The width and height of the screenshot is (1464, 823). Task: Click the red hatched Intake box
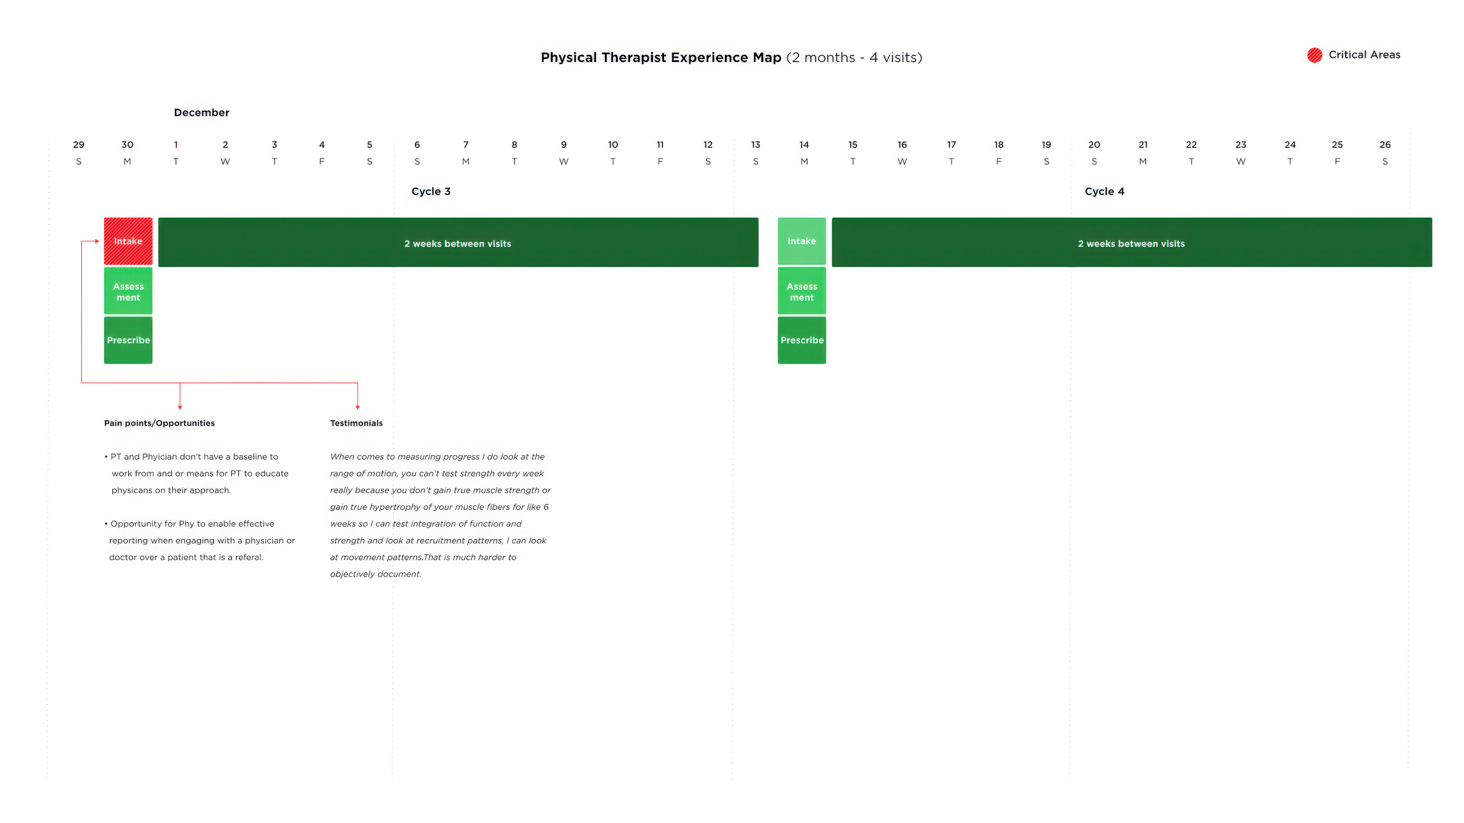coord(128,241)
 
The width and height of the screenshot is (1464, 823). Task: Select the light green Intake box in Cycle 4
coord(802,241)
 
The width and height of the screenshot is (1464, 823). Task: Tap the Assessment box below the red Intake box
coord(128,291)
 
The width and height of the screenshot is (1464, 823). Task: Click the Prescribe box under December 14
coord(802,340)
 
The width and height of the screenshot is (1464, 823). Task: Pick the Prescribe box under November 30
coord(128,340)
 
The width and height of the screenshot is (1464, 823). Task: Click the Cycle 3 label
coord(431,191)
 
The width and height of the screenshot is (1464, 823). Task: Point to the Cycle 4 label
coord(1104,191)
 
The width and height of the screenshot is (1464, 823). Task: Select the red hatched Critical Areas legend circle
coord(1315,55)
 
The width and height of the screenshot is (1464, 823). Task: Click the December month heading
coord(201,112)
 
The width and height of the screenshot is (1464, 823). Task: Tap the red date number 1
coord(176,145)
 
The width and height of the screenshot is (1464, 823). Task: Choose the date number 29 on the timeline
coord(78,145)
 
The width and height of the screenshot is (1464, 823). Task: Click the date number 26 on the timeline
coord(1385,145)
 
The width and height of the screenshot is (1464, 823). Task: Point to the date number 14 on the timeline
coord(804,145)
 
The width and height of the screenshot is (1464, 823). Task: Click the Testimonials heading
coord(356,423)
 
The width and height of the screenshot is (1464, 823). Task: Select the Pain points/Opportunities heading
coord(159,423)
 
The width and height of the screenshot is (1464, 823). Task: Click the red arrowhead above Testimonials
coord(357,407)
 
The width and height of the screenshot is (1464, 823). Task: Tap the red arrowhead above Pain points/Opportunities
coord(180,407)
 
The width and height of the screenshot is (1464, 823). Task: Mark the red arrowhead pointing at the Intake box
coord(97,241)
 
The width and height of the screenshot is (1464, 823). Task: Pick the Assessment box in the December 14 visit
coord(802,291)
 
